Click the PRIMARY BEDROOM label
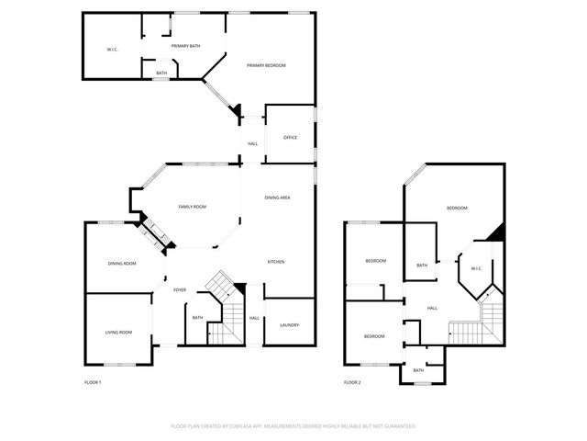[267, 65]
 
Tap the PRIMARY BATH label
[185, 46]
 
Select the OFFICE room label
[290, 138]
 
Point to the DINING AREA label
[278, 198]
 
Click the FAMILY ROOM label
[192, 207]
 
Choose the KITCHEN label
[276, 262]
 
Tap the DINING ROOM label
[122, 264]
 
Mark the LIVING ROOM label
[118, 333]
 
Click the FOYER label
[180, 290]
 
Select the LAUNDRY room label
[290, 325]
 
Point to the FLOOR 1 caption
[93, 382]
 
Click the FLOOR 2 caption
[352, 382]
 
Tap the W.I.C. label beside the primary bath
[111, 49]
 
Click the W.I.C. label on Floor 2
[476, 269]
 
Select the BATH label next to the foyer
[197, 318]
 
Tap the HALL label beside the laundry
[254, 318]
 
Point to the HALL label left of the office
[252, 143]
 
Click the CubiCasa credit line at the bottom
[293, 426]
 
